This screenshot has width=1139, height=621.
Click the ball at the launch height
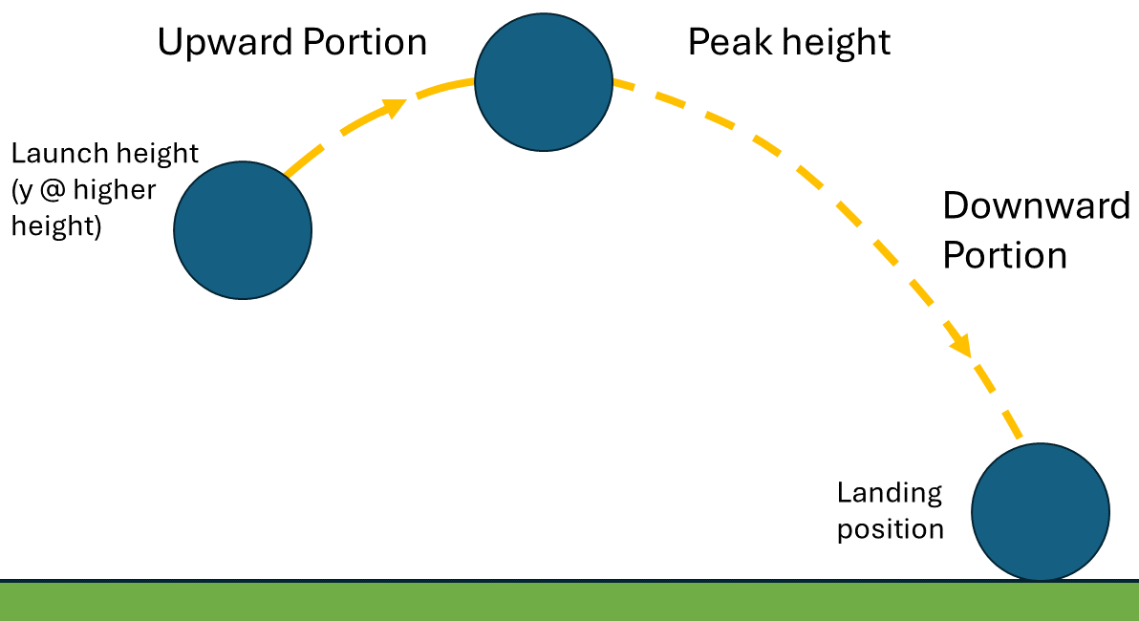(x=243, y=230)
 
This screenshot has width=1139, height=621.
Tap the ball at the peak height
(x=544, y=82)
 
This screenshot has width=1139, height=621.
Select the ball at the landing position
(x=1041, y=511)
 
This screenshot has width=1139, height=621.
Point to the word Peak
(x=725, y=43)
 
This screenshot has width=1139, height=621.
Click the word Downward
(x=1037, y=206)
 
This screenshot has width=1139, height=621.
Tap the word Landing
(x=890, y=493)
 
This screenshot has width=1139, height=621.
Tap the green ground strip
(x=569, y=602)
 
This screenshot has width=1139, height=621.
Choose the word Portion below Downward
(x=1004, y=256)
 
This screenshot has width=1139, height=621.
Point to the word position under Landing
(x=891, y=529)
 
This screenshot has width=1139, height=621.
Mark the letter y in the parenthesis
(x=23, y=191)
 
